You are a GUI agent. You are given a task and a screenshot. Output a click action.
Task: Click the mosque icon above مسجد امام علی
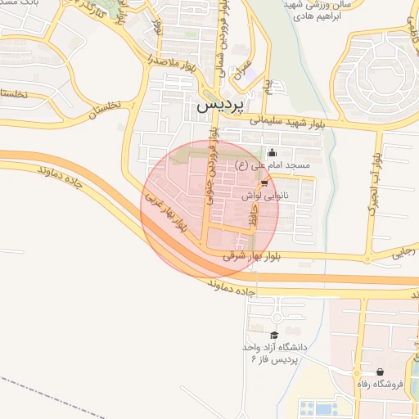272,152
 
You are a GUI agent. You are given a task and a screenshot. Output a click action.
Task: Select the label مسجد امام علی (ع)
273,166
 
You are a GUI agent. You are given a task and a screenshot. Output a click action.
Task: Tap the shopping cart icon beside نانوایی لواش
264,183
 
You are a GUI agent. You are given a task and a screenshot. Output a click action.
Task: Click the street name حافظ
254,219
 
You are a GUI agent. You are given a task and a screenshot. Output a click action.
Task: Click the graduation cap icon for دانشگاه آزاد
274,336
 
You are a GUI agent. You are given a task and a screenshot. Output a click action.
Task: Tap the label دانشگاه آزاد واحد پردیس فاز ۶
273,354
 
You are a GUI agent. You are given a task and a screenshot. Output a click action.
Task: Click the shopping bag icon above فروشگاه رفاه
379,372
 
